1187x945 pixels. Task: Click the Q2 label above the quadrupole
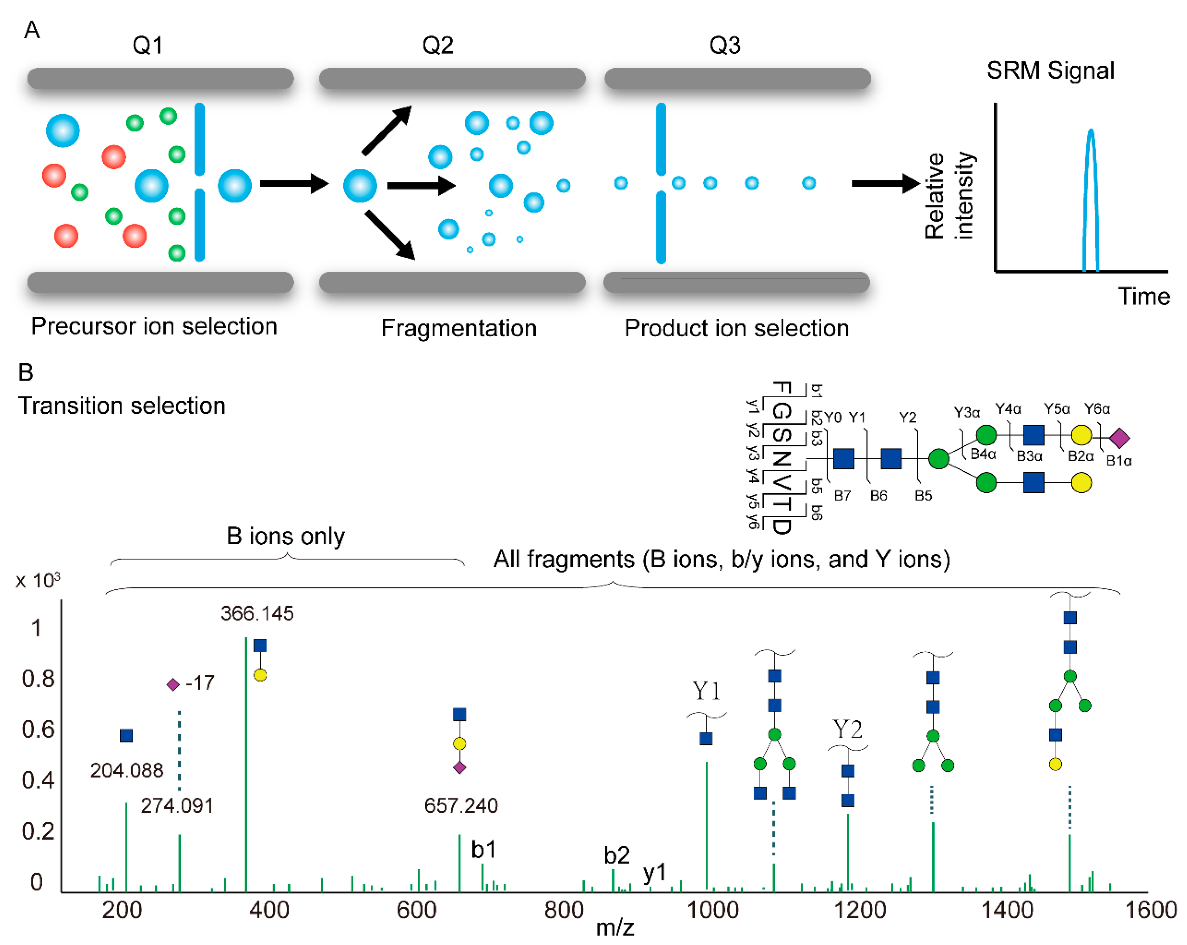(x=438, y=45)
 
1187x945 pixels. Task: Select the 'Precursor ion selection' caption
(x=154, y=327)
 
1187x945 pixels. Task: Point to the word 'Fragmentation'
(x=458, y=329)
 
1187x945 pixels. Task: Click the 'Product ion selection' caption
(x=737, y=329)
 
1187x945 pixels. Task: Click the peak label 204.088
(x=127, y=770)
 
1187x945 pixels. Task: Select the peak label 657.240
(x=461, y=806)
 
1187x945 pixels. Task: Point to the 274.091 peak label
(x=177, y=806)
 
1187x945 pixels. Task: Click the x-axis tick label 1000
(x=712, y=910)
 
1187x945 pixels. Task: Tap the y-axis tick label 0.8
(x=38, y=679)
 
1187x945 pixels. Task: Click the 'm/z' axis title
(x=615, y=928)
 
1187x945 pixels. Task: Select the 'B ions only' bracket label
(x=285, y=536)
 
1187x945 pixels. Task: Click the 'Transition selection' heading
(x=122, y=406)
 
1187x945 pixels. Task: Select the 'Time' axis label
(x=1143, y=297)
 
